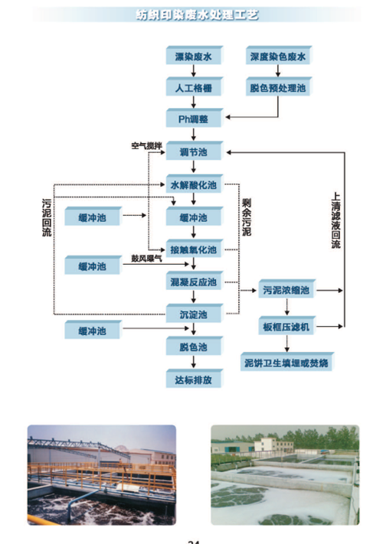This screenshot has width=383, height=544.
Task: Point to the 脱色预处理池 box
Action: pos(277,87)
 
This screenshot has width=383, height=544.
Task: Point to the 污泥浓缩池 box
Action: pos(286,291)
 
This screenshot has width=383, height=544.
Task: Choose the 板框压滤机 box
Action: pos(286,327)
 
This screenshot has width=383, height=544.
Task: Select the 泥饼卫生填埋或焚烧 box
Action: pos(286,361)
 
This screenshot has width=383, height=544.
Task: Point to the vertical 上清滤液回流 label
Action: pos(336,220)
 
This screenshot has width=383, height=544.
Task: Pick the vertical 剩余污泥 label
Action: pos(247,217)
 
